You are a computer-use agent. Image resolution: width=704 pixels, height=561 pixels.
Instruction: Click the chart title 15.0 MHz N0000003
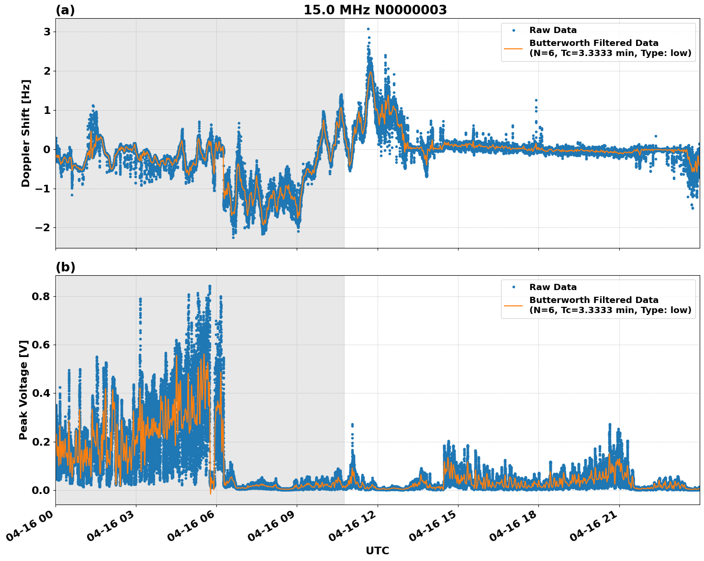[x=375, y=10]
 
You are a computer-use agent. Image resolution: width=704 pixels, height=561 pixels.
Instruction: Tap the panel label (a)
[x=65, y=10]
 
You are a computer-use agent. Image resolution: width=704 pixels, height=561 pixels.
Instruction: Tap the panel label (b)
[x=65, y=267]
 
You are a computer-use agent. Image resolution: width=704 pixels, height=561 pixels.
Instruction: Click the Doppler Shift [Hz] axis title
[x=26, y=133]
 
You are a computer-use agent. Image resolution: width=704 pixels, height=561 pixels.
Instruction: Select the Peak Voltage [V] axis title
[x=23, y=390]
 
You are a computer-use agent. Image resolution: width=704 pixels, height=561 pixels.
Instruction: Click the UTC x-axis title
[x=377, y=550]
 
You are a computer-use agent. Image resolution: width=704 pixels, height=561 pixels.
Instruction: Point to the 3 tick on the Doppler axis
[x=47, y=32]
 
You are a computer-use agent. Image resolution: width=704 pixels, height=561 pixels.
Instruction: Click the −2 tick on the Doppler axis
[x=43, y=227]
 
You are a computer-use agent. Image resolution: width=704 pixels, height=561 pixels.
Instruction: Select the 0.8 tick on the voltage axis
[x=41, y=296]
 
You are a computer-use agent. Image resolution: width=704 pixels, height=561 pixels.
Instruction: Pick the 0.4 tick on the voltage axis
[x=41, y=393]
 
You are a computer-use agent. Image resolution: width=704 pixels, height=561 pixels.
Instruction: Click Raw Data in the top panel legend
[x=553, y=30]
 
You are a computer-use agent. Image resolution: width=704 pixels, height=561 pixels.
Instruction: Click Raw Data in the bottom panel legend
[x=553, y=287]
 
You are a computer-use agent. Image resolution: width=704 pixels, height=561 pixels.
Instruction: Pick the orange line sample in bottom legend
[x=513, y=305]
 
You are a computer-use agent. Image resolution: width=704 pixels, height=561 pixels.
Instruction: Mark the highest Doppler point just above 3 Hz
[x=368, y=29]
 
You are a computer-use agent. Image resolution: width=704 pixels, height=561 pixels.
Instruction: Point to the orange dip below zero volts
[x=210, y=492]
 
